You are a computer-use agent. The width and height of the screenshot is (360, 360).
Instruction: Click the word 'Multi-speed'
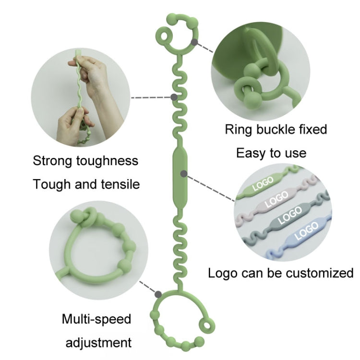click(96, 319)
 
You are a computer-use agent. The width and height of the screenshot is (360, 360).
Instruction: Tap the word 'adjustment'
click(98, 343)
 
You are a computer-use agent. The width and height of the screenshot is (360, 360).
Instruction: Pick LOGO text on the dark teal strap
click(290, 215)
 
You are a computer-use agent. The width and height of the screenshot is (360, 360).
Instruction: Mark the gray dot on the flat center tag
click(182, 172)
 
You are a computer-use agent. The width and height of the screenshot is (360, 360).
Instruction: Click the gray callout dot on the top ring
click(194, 42)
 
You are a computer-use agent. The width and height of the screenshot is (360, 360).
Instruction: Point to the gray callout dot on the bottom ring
click(158, 293)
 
